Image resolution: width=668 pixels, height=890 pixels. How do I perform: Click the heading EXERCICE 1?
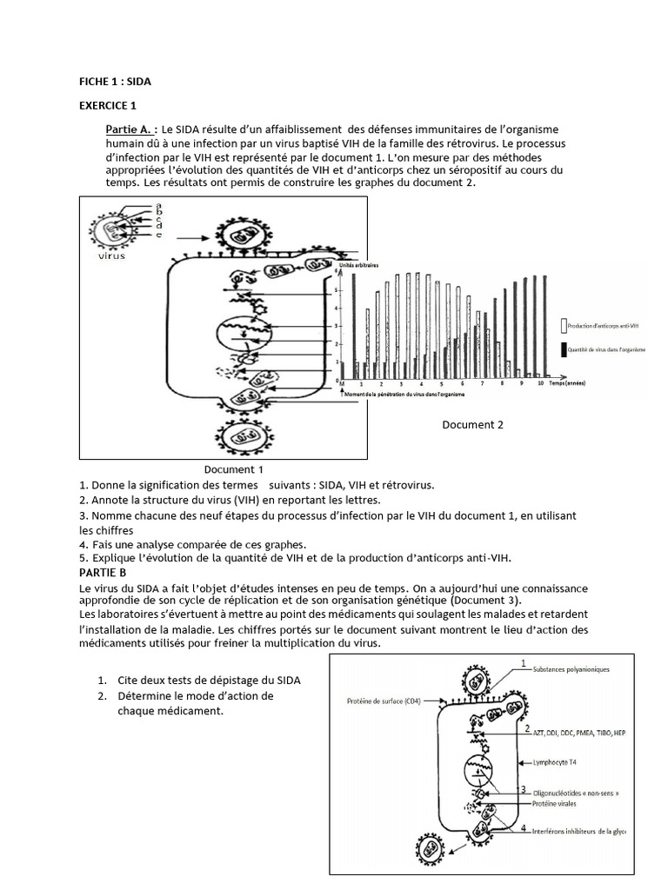coord(108,106)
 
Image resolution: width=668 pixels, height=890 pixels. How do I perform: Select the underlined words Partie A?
coord(131,129)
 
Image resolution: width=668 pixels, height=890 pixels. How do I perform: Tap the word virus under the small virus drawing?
coord(111,256)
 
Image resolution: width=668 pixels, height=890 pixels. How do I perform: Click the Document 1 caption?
coord(234,469)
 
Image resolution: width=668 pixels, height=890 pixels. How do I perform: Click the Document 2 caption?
coord(472,425)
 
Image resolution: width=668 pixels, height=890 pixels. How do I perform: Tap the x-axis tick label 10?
coord(540,383)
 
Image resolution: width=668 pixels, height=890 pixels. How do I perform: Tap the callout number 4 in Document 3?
coord(523,828)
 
